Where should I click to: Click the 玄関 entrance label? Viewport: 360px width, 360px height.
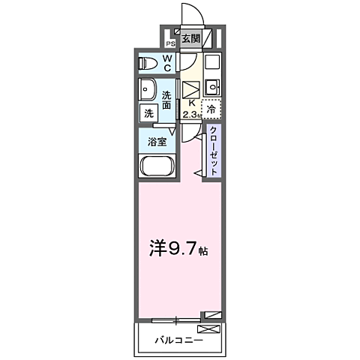[190, 38]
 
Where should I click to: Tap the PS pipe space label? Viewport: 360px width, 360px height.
[170, 43]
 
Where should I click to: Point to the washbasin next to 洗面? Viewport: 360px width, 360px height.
[146, 90]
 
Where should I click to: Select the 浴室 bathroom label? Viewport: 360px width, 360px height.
[157, 141]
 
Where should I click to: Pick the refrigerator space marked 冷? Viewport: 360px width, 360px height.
[211, 109]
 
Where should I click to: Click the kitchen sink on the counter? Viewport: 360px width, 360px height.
[211, 84]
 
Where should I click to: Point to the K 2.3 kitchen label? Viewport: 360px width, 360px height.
[192, 108]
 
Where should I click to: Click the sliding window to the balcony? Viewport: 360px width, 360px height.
[175, 320]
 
